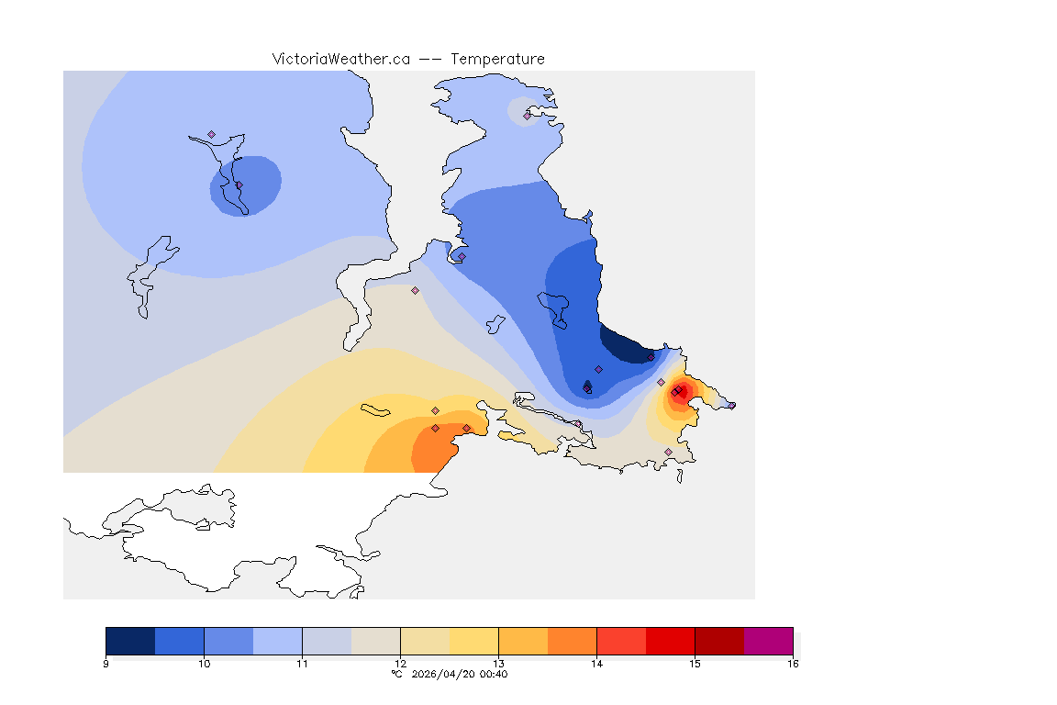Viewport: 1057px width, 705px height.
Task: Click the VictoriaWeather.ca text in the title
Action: pyautogui.click(x=340, y=59)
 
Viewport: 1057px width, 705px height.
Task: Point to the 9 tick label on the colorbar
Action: pyautogui.click(x=106, y=664)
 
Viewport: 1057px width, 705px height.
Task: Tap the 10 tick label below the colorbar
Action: pyautogui.click(x=204, y=664)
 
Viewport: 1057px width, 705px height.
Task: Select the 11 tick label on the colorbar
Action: pyautogui.click(x=302, y=664)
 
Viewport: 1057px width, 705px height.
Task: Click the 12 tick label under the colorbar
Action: pyautogui.click(x=400, y=664)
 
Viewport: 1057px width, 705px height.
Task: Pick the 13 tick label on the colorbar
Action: pyautogui.click(x=498, y=664)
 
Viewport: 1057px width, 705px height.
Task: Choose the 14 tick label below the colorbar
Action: pyautogui.click(x=596, y=664)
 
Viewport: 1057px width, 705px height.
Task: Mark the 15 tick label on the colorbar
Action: pyautogui.click(x=695, y=664)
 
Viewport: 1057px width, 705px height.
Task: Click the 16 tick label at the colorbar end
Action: pyautogui.click(x=792, y=664)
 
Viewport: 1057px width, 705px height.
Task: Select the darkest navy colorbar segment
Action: pyautogui.click(x=130, y=640)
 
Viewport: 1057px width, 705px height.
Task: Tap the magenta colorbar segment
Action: pyautogui.click(x=768, y=640)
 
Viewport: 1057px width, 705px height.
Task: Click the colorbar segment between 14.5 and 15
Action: pyautogui.click(x=670, y=640)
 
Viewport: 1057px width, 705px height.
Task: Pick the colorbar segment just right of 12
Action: pyautogui.click(x=425, y=640)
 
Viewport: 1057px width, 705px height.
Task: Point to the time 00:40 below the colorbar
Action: pyautogui.click(x=495, y=675)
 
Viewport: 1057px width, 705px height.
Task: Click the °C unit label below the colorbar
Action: pyautogui.click(x=397, y=675)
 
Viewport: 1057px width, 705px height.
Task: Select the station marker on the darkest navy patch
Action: pyautogui.click(x=651, y=357)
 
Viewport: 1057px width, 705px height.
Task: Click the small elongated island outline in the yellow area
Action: pyautogui.click(x=377, y=408)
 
